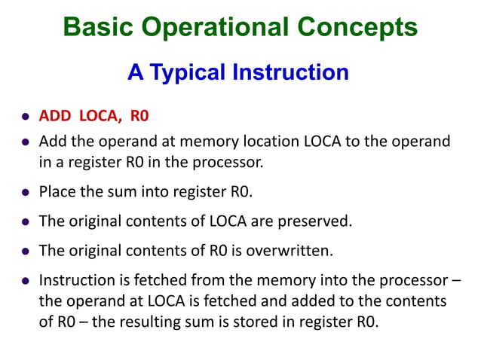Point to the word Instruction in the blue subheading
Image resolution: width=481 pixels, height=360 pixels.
pyautogui.click(x=291, y=72)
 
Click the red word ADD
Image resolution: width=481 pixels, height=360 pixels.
pyautogui.click(x=54, y=116)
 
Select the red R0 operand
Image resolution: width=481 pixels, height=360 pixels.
pyautogui.click(x=140, y=116)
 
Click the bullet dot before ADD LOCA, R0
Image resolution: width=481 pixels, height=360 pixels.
pyautogui.click(x=25, y=117)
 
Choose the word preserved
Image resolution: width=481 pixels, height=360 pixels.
pyautogui.click(x=317, y=221)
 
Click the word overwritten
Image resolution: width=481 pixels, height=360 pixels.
pyautogui.click(x=286, y=249)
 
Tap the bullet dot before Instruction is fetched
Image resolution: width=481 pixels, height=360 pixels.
pyautogui.click(x=25, y=282)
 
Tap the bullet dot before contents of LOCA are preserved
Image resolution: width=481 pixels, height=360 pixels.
pyautogui.click(x=25, y=223)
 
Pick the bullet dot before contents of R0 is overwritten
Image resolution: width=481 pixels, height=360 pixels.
pyautogui.click(x=25, y=251)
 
